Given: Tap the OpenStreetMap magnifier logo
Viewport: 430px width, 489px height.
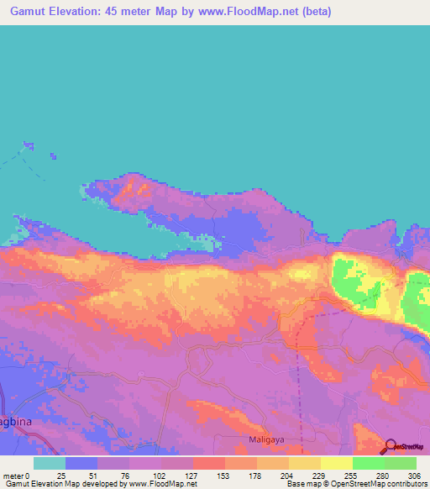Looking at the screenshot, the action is coord(391,446).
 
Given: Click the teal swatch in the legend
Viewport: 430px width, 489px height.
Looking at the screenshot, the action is coord(50,463).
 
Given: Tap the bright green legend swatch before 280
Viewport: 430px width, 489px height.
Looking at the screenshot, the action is coord(369,463).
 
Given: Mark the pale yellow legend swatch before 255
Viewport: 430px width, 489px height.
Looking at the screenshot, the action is coord(337,463).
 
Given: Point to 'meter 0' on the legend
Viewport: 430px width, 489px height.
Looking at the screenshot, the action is coord(18,475).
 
